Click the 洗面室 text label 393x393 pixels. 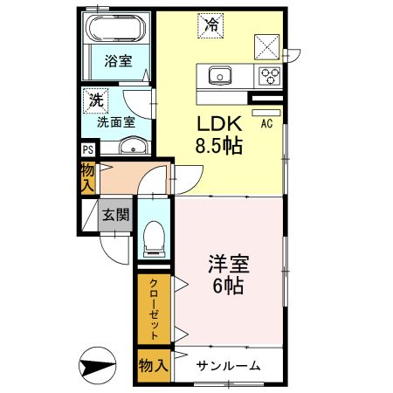pyautogui.click(x=114, y=122)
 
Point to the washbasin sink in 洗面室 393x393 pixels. pyautogui.click(x=131, y=145)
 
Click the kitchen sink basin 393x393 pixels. pyautogui.click(x=219, y=74)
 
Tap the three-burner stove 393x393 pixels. pyautogui.click(x=269, y=74)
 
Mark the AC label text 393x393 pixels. pyautogui.click(x=267, y=124)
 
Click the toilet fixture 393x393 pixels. pyautogui.click(x=155, y=235)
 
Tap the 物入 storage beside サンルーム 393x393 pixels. pyautogui.click(x=153, y=366)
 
